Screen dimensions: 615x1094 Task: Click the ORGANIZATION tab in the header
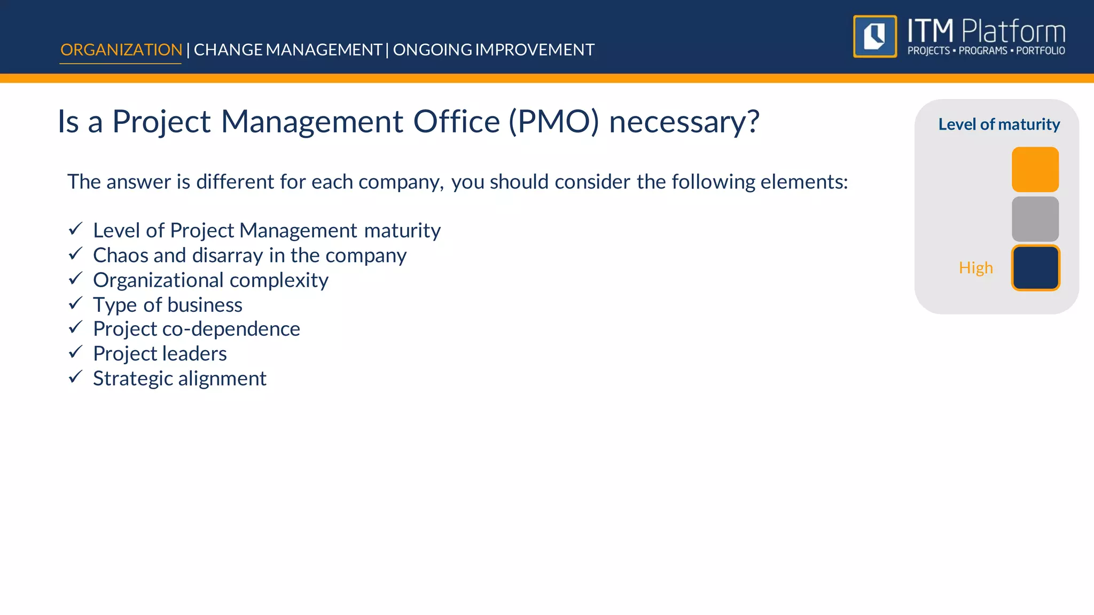point(121,50)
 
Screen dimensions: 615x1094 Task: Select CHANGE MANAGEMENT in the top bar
point(287,50)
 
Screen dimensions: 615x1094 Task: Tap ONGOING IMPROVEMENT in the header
point(494,50)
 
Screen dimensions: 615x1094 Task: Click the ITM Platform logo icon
point(875,36)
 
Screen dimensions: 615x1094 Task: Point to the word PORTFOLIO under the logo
point(1040,51)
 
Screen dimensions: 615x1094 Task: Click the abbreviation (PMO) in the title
point(553,122)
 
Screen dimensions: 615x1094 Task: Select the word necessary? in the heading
point(684,122)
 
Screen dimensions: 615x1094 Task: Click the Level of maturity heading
point(999,124)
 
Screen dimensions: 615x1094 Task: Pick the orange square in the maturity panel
point(1035,169)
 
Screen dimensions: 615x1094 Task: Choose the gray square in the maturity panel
point(1035,219)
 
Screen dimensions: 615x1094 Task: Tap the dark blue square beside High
point(1035,268)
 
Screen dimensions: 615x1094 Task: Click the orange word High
point(975,267)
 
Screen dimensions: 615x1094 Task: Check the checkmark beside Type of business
point(75,303)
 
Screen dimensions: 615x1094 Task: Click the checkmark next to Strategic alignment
point(75,377)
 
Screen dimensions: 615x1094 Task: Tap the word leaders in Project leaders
point(194,353)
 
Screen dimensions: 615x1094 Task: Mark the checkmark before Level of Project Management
point(75,229)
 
